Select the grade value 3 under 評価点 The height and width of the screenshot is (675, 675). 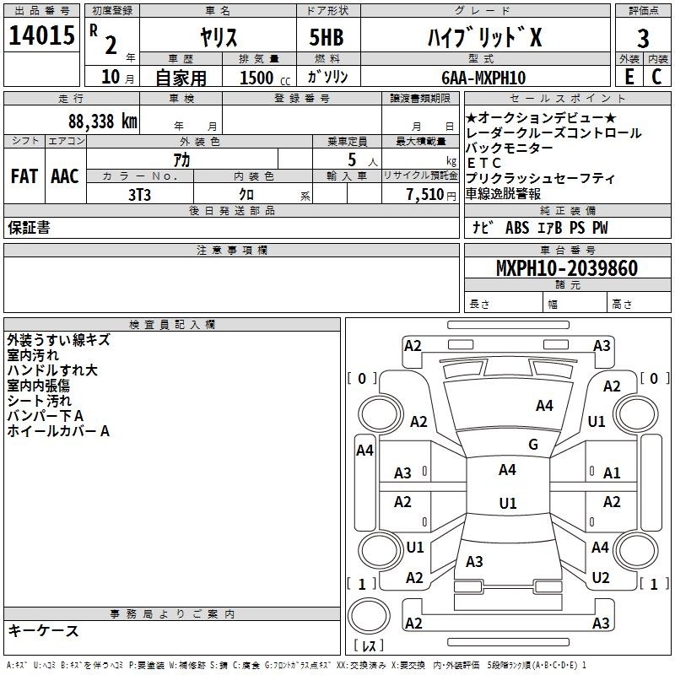pyautogui.click(x=643, y=38)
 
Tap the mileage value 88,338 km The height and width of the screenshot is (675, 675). pyautogui.click(x=102, y=121)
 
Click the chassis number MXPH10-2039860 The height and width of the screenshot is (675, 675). pyautogui.click(x=567, y=268)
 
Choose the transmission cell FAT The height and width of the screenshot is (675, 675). pyautogui.click(x=24, y=176)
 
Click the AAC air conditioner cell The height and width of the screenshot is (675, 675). pyautogui.click(x=65, y=176)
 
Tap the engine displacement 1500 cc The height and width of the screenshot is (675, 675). pyautogui.click(x=262, y=78)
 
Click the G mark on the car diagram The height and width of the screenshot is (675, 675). pyautogui.click(x=532, y=445)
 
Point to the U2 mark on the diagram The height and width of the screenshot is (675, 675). pyautogui.click(x=601, y=578)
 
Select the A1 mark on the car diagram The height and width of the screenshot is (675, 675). pyautogui.click(x=612, y=473)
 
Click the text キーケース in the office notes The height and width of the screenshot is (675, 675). pyautogui.click(x=43, y=630)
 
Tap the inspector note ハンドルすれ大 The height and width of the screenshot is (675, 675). pyautogui.click(x=52, y=370)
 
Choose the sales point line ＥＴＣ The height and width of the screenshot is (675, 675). pyautogui.click(x=483, y=164)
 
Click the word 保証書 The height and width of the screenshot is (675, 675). pyautogui.click(x=29, y=228)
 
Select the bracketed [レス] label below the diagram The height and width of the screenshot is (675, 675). pyautogui.click(x=368, y=645)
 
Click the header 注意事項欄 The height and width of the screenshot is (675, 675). pyautogui.click(x=231, y=251)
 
